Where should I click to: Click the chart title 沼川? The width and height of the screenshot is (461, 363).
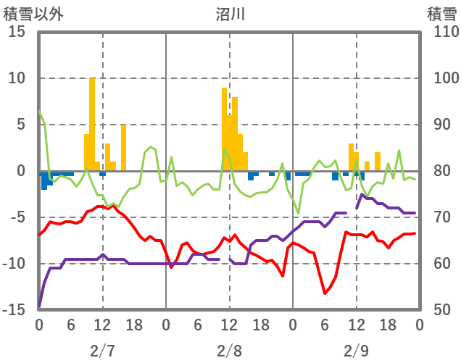230,13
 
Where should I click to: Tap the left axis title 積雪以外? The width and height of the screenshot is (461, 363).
33,13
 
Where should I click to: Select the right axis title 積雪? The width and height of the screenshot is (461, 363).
441,13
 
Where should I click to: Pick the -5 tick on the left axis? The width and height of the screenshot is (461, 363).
16,217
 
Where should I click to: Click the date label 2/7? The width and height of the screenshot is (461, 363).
102,351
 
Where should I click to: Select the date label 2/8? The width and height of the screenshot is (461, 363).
230,351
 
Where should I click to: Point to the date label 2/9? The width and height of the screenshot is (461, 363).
357,351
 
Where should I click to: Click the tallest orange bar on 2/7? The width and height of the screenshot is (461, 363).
92,123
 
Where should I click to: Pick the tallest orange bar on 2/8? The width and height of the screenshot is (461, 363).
225,129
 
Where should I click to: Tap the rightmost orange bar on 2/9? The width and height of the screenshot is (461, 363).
378,162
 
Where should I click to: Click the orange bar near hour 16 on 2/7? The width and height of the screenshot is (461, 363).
123,148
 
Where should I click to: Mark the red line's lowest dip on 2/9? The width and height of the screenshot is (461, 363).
325,293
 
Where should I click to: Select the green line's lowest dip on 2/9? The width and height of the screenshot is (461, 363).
298,213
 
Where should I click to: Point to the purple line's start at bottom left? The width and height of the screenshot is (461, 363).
39,307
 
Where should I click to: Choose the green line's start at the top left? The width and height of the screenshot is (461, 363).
39,110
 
